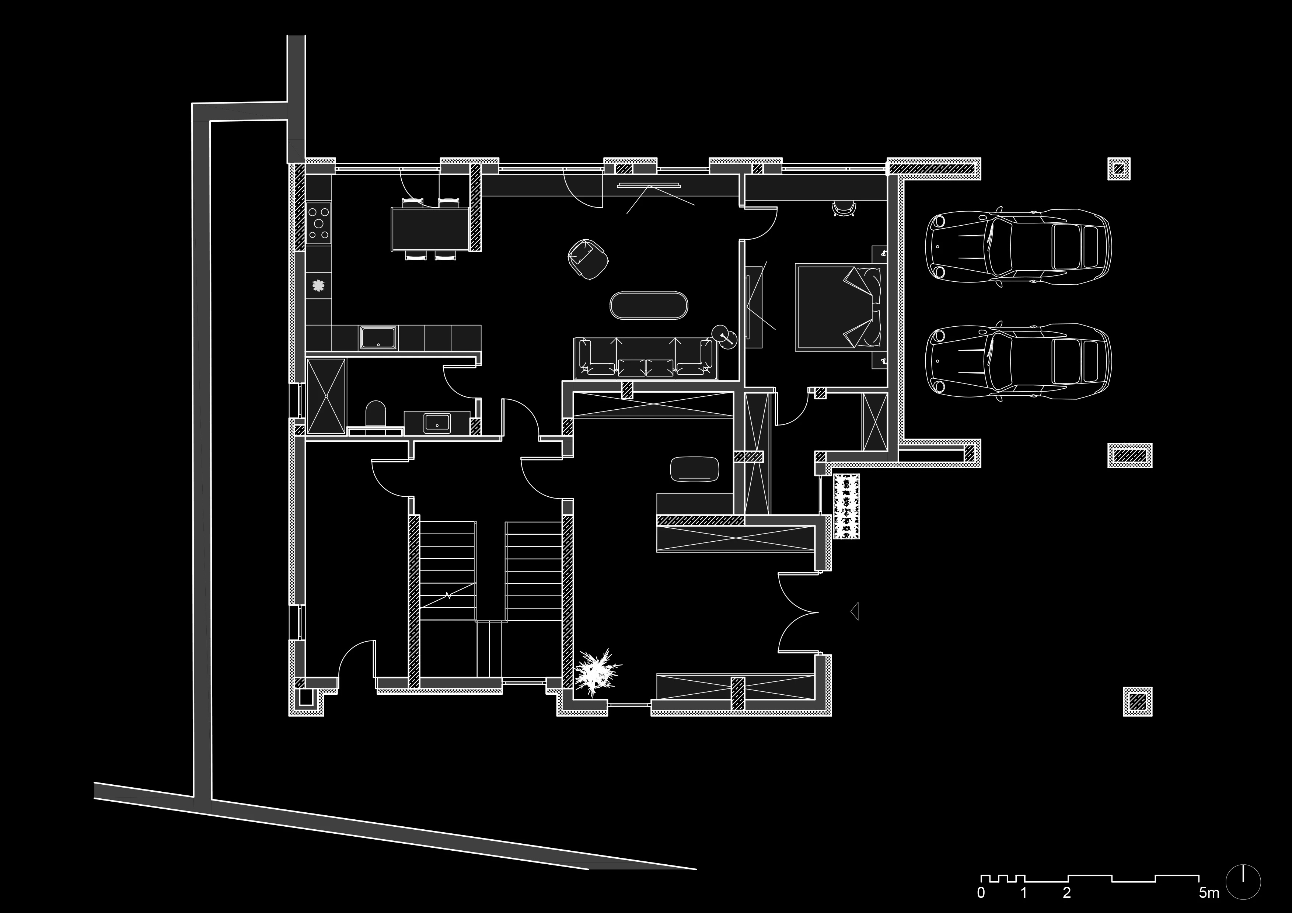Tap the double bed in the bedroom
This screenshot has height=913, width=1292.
coord(838,307)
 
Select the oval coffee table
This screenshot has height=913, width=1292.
coord(648,306)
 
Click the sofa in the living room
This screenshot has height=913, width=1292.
coord(645,358)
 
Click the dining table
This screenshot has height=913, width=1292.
coord(430,229)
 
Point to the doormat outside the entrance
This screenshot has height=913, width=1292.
coord(847,506)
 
